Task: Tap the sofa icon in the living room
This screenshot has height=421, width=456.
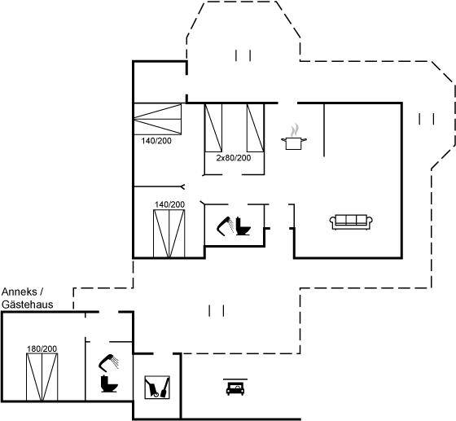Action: coord(351,222)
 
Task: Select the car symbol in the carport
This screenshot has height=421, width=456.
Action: coord(235,389)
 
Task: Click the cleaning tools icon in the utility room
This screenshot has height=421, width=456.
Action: coord(157,388)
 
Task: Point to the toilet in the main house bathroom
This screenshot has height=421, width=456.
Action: coord(243,226)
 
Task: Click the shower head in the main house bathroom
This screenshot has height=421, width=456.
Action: coord(225,226)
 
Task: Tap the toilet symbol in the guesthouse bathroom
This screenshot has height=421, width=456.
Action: coord(109,384)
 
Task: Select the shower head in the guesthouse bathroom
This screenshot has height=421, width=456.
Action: coord(108,362)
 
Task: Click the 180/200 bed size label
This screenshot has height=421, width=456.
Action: coord(42,349)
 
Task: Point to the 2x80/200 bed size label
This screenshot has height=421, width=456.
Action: coord(234,158)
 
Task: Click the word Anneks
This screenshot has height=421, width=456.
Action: coord(20,292)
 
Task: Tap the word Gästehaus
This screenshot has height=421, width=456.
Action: coord(28,305)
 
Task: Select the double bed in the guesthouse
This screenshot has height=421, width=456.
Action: coord(42,377)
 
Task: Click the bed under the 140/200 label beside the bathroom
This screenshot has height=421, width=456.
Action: coord(169,234)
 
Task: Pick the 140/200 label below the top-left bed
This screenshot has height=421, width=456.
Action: coord(156,141)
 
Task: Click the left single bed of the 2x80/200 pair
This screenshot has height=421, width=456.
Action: coord(213,128)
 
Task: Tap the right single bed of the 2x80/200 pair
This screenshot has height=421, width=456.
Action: coord(256,128)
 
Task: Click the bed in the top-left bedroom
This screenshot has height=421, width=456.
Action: coord(157,119)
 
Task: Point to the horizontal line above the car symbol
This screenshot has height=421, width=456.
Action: coord(235,379)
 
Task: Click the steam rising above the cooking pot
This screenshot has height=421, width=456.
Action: coord(295,130)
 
